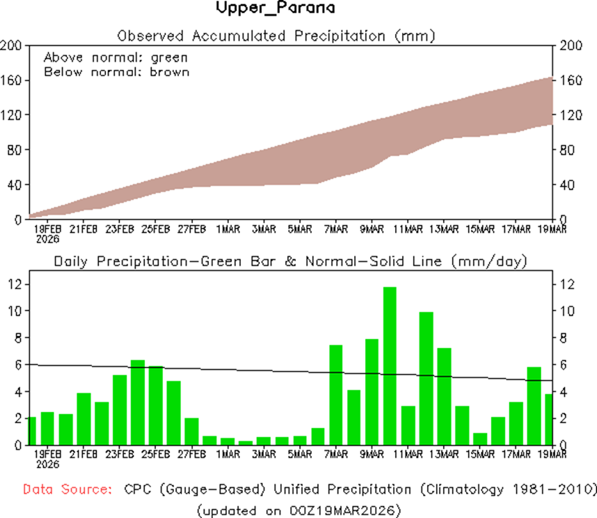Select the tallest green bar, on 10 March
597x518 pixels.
click(390, 365)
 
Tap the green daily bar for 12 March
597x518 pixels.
click(426, 378)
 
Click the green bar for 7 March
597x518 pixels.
click(336, 394)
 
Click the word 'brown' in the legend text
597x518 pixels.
click(169, 72)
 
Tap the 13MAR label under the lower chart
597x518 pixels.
click(444, 455)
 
